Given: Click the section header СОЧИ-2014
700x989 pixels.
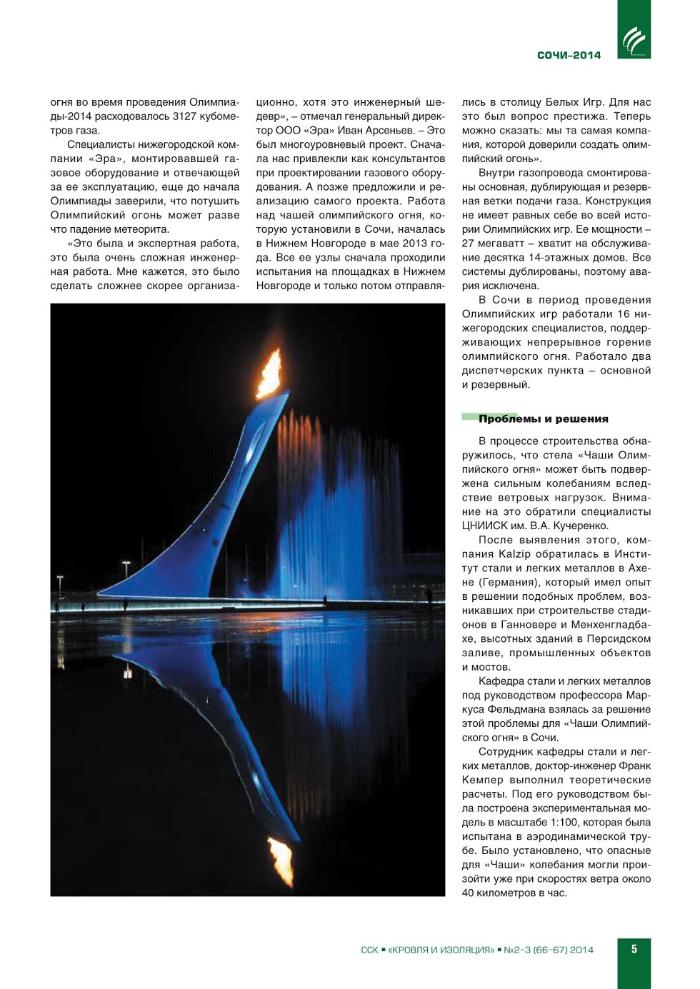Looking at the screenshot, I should coord(569,55).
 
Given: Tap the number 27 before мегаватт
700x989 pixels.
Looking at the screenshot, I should coord(468,244).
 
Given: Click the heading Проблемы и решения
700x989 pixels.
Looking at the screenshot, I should coord(543,419).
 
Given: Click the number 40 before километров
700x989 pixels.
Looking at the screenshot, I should coord(468,893).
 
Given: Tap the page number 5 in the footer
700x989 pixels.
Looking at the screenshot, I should coord(634,949).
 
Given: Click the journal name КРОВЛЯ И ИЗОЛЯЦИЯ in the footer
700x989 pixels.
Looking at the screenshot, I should coord(441,950).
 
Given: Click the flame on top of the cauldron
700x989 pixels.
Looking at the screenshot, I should coord(270,372).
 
